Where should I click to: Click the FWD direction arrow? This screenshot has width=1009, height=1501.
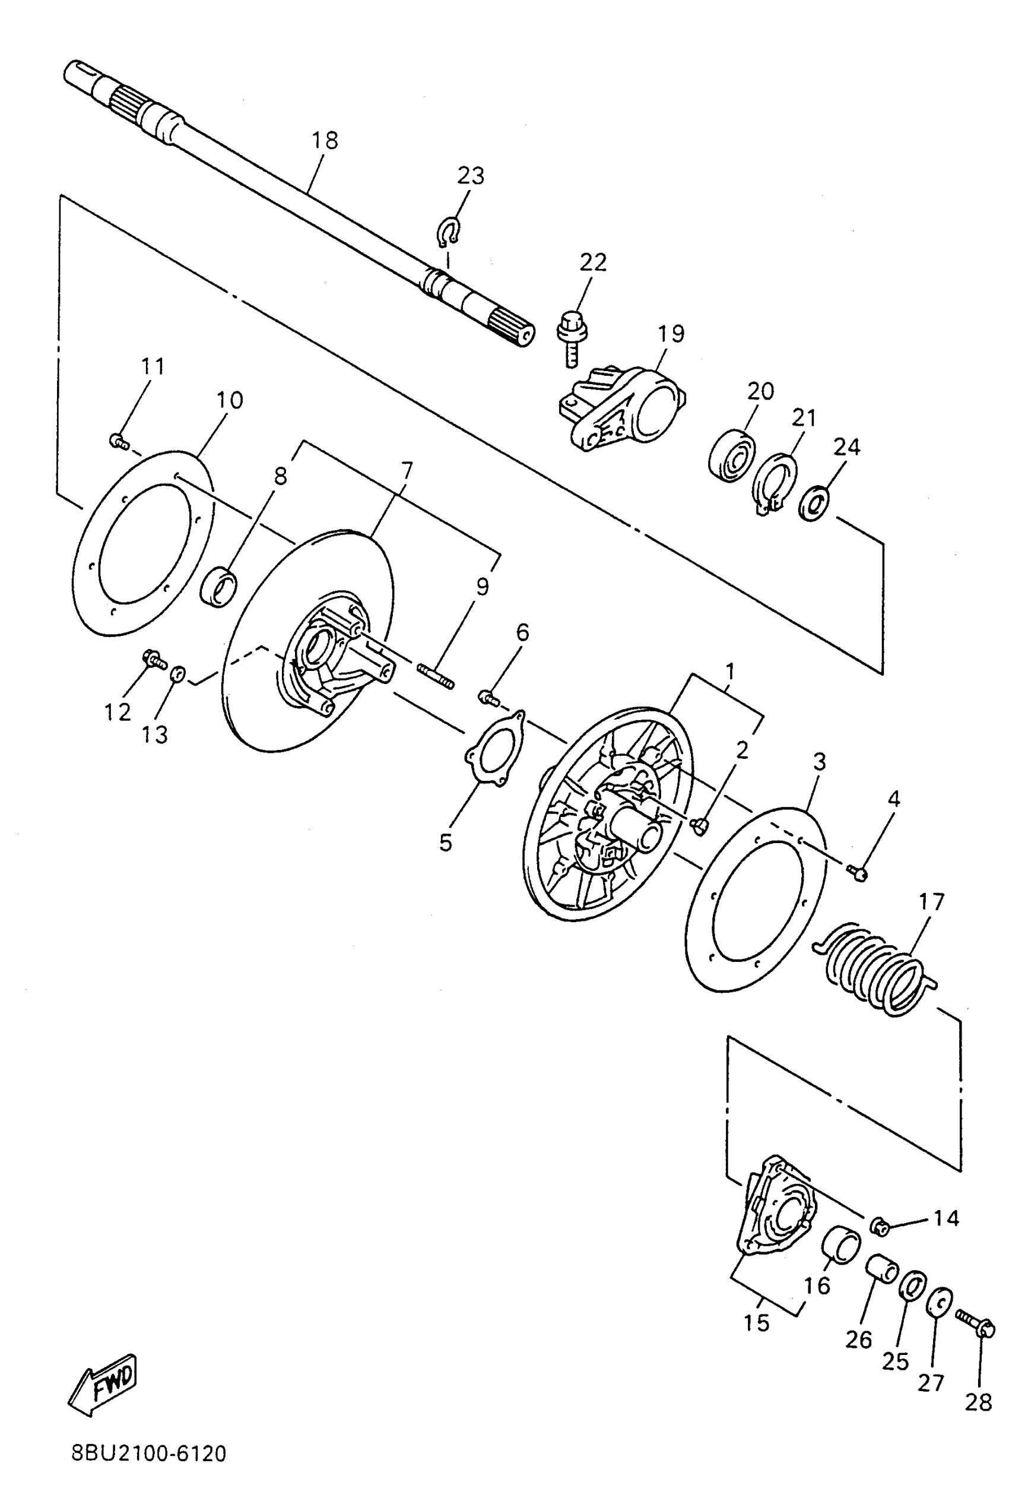(103, 1385)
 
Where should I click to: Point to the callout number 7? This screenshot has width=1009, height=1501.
(406, 472)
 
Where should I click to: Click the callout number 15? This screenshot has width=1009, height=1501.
(757, 1323)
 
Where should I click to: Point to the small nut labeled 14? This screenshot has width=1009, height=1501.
(880, 1226)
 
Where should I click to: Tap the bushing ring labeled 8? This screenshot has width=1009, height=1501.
(219, 587)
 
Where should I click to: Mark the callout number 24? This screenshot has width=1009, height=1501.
(846, 446)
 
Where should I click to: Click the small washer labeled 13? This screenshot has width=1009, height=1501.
(177, 674)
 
